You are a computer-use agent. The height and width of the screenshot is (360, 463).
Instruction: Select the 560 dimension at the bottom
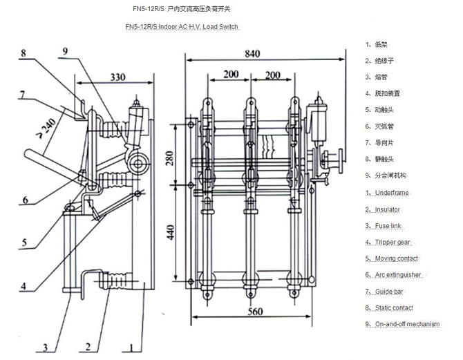pos(255,312)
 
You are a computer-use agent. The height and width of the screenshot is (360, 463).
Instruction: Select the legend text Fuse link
pos(388,225)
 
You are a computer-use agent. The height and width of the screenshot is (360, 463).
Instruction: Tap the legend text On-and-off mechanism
pos(406,324)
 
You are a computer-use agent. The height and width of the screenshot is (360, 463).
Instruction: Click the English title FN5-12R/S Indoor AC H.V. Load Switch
pos(182,26)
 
